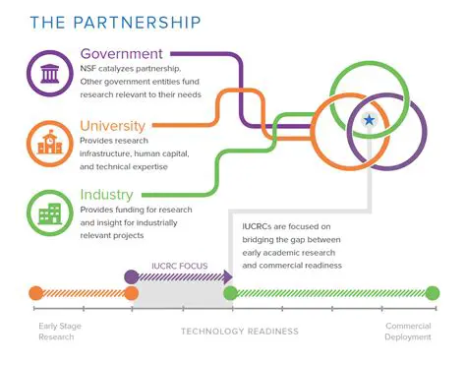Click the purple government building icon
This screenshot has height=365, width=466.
(x=48, y=73)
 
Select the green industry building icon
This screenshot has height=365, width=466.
(x=48, y=211)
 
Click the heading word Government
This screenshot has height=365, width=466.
(x=123, y=53)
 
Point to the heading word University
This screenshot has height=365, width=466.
(x=113, y=125)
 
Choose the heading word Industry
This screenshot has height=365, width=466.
(x=107, y=194)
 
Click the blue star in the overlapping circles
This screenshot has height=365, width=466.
(x=369, y=120)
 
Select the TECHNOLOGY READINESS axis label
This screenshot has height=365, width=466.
(x=240, y=332)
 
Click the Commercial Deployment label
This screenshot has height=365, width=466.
(x=407, y=332)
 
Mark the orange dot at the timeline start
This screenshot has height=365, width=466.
(x=36, y=292)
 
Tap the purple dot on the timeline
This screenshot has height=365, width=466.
(x=132, y=277)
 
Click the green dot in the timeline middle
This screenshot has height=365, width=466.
(x=230, y=292)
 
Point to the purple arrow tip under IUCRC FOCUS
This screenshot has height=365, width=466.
(x=225, y=277)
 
